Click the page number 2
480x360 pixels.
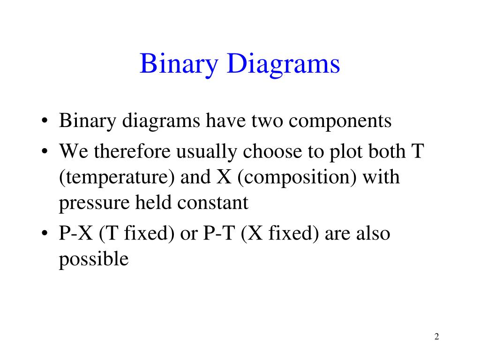[436, 337]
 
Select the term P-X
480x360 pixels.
[76, 233]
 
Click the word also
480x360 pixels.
[372, 233]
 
